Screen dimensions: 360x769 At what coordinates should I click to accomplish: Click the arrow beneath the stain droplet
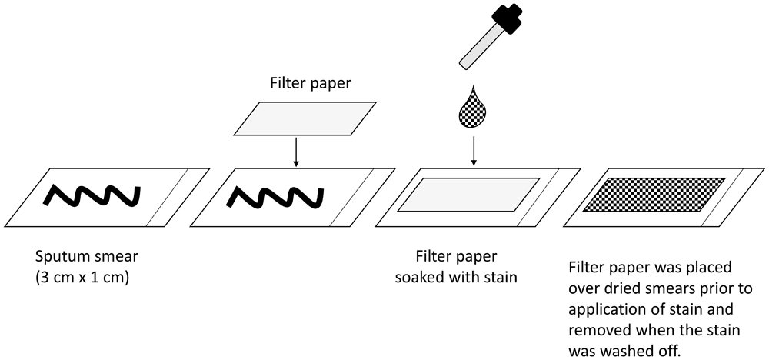(x=474, y=151)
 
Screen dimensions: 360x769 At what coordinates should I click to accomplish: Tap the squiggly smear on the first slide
(x=93, y=197)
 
